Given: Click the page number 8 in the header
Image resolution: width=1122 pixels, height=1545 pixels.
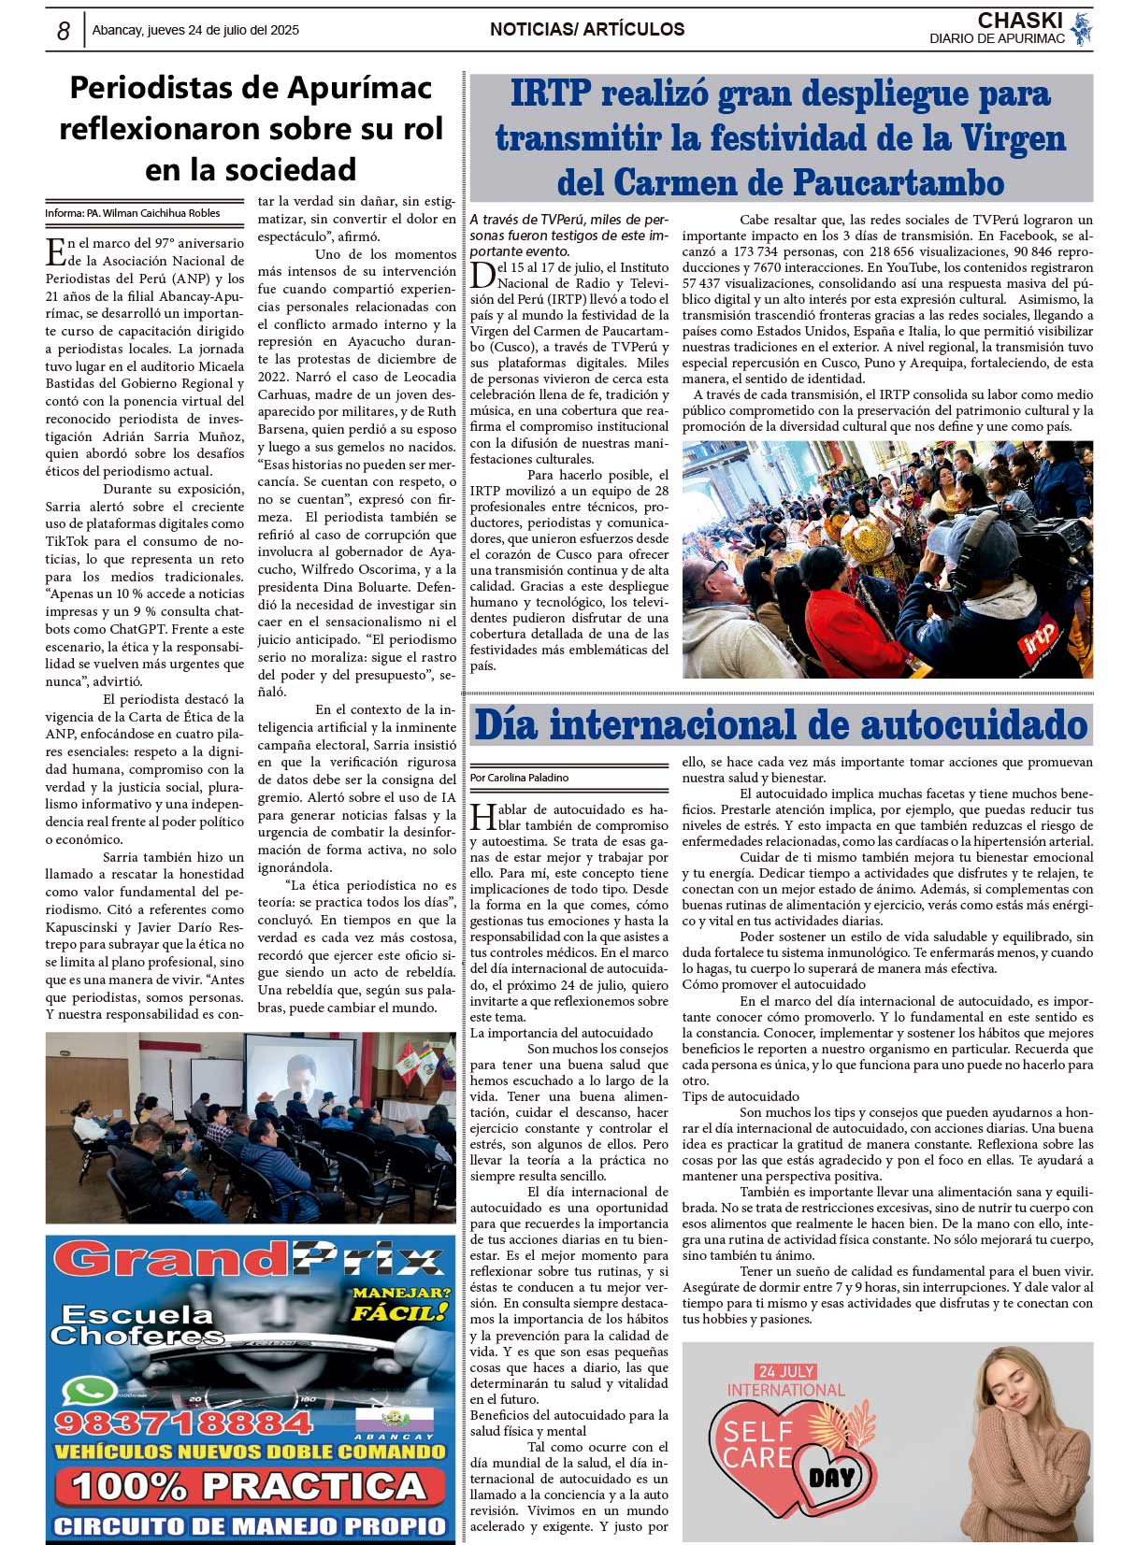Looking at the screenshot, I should (x=63, y=31).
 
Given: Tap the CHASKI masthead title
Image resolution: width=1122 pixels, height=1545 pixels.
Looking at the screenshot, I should (x=1019, y=21).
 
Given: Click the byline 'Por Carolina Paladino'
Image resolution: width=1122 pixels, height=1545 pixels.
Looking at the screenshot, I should (x=519, y=778).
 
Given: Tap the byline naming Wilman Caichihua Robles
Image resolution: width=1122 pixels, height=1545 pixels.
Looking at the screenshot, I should (x=133, y=213).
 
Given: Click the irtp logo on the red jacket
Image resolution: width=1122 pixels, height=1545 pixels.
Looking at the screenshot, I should (x=1039, y=639).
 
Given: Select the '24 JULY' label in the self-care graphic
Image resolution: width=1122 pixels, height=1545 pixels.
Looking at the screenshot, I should (x=786, y=1371).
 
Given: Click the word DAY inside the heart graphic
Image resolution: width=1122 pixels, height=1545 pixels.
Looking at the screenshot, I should (x=831, y=1478).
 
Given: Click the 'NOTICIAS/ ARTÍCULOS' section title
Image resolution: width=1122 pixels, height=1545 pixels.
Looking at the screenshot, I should (x=587, y=30).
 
